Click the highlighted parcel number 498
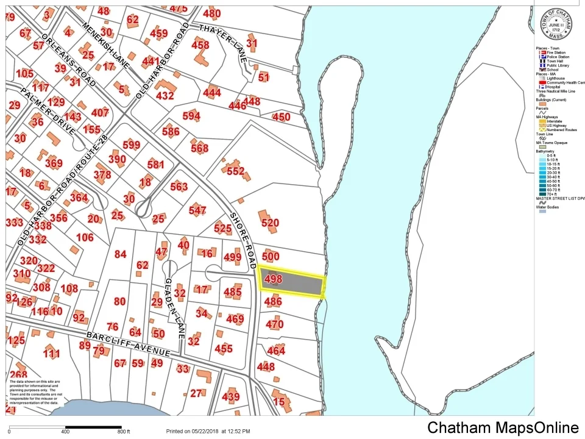(x=274, y=279)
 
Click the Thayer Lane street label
(x=224, y=40)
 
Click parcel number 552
(x=235, y=171)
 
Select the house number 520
(x=270, y=223)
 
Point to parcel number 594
(x=191, y=116)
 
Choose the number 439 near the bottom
(x=231, y=398)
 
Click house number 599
(x=131, y=145)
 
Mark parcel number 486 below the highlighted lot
(x=273, y=301)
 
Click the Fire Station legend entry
(x=555, y=53)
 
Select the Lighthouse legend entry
(x=555, y=79)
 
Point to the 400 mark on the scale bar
(x=65, y=432)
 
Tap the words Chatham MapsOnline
(x=503, y=427)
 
